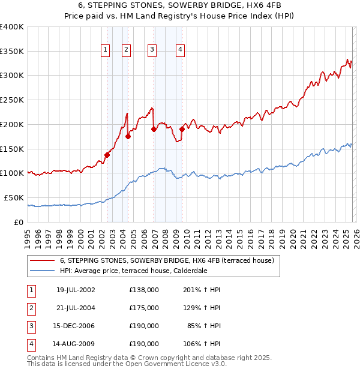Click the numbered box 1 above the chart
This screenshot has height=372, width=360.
106,50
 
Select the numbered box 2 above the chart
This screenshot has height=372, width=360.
127,50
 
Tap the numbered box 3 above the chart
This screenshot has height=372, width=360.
152,50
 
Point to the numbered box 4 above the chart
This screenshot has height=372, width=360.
180,50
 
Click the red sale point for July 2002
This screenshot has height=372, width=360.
107,155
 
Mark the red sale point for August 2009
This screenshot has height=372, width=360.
182,129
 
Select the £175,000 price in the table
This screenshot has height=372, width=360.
143,307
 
